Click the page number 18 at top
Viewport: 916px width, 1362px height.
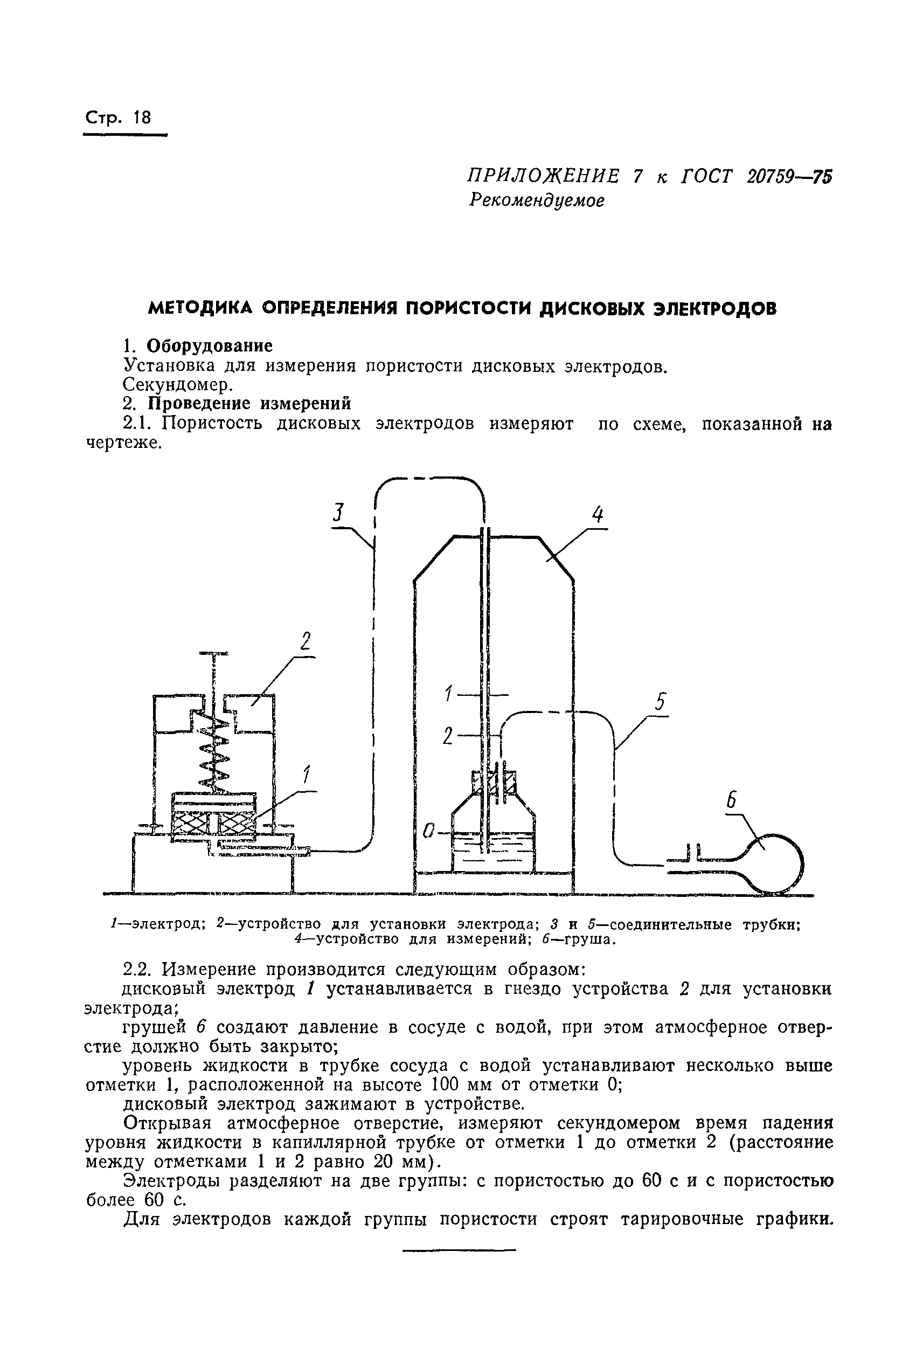click(x=142, y=118)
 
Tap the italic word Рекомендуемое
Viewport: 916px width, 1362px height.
click(x=536, y=201)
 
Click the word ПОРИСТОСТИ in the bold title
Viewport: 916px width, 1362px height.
click(x=468, y=308)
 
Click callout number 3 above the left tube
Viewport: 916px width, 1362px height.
click(x=338, y=513)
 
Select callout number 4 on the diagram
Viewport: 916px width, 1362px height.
click(x=596, y=514)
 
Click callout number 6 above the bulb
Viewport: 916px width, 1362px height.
click(x=731, y=800)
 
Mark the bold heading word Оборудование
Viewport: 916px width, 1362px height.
click(x=209, y=346)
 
